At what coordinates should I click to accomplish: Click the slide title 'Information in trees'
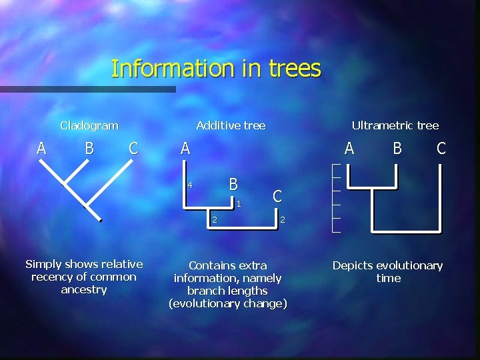(216, 69)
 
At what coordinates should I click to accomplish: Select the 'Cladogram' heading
(89, 125)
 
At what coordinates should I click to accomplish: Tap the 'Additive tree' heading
(231, 125)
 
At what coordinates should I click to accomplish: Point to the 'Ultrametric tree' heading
(395, 125)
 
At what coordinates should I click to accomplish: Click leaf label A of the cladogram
(41, 148)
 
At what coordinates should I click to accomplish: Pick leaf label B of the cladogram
(89, 148)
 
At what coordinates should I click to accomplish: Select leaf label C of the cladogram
(133, 148)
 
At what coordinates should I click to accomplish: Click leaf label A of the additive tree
(185, 149)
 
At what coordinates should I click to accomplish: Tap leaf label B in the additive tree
(233, 183)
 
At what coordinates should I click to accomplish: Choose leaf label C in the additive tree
(277, 196)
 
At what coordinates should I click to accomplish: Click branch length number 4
(189, 185)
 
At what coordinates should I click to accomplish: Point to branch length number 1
(239, 203)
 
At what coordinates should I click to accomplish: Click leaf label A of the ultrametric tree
(349, 149)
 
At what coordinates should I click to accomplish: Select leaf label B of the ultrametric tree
(397, 149)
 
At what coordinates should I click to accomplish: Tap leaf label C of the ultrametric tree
(441, 149)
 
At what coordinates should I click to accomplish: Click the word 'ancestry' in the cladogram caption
(83, 289)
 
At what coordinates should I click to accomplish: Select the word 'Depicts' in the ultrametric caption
(353, 265)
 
